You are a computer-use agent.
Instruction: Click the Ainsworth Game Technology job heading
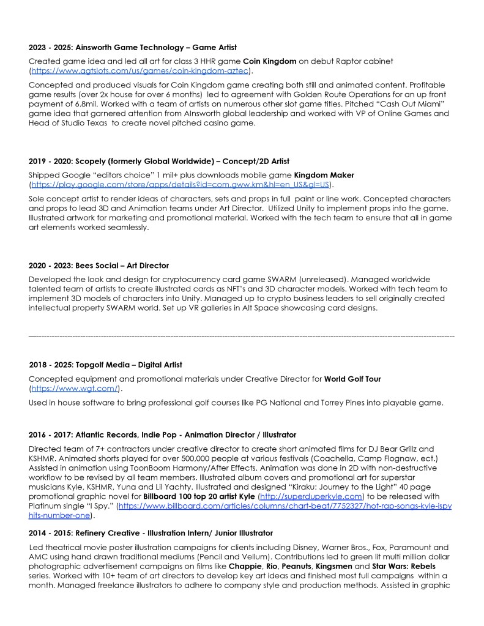coord(133,47)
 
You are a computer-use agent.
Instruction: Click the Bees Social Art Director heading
coord(99,266)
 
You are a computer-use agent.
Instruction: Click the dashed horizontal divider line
coord(242,337)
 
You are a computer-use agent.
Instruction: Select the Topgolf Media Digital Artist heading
coord(105,365)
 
